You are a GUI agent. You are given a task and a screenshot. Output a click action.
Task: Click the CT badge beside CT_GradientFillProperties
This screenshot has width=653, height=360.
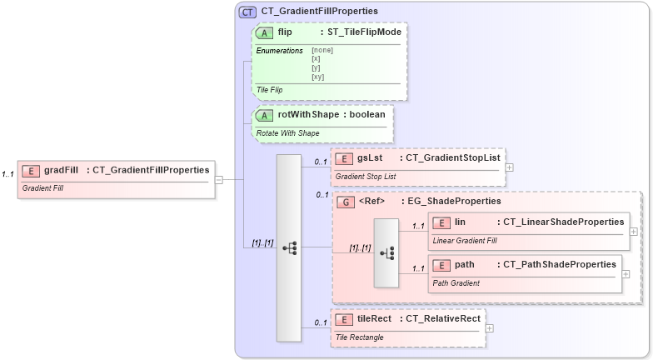tap(247, 12)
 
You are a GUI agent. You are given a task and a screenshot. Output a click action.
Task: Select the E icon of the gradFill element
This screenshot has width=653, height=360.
tap(31, 170)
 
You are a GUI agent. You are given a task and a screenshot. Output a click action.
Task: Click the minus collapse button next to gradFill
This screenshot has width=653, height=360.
tap(218, 179)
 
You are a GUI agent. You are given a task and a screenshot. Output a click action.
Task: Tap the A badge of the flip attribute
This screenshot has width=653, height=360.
tap(265, 32)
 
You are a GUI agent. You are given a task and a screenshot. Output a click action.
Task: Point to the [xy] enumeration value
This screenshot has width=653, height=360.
tap(317, 77)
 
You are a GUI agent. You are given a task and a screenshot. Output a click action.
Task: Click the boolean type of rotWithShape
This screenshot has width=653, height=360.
tap(366, 114)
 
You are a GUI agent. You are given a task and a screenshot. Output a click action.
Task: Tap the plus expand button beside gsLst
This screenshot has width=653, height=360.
tap(510, 167)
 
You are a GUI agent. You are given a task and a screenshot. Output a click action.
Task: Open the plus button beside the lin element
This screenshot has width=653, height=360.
tap(634, 231)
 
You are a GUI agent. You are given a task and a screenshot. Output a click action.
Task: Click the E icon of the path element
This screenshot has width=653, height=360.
tap(441, 265)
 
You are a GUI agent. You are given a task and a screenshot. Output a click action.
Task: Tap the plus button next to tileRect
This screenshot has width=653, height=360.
tap(490, 327)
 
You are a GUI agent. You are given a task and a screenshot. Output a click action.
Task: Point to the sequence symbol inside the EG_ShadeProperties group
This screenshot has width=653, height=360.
tap(386, 252)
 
